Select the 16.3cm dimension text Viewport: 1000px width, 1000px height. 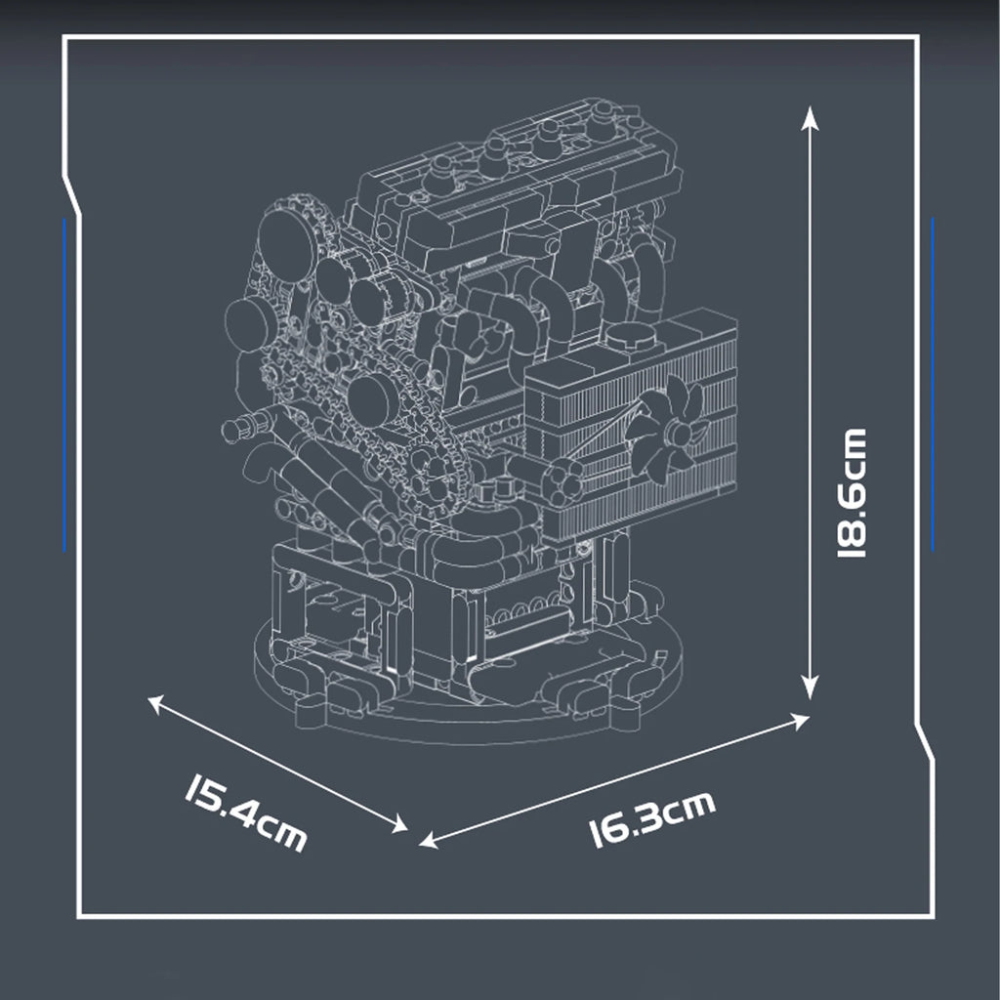(x=652, y=818)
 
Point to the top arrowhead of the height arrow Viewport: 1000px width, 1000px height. (x=809, y=116)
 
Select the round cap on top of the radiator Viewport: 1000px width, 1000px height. (x=629, y=339)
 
